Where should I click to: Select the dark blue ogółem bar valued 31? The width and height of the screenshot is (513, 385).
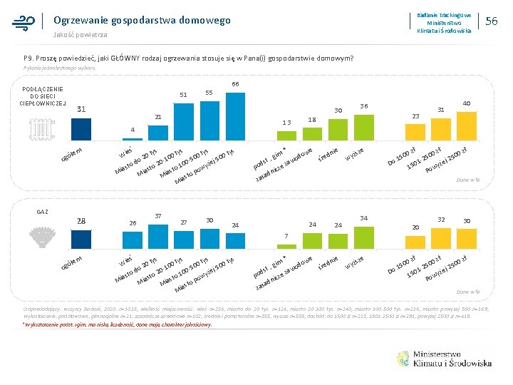[x=81, y=128]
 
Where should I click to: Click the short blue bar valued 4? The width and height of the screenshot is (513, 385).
[x=133, y=138]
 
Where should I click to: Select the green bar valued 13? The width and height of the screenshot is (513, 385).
[x=286, y=134]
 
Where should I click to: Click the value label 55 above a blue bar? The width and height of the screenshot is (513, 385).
[x=209, y=93]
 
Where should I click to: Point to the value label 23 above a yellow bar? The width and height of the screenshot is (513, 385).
[x=416, y=115]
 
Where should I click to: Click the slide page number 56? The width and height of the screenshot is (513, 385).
[x=491, y=22]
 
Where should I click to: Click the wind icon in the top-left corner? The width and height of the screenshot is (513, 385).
[x=24, y=22]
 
